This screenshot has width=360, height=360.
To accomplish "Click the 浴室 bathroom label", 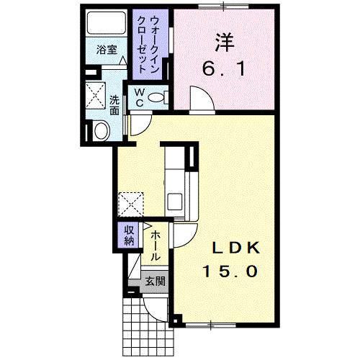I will tap(107, 50).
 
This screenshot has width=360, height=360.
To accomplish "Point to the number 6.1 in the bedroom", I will tap(225, 70).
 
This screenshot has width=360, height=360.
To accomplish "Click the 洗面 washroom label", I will tap(116, 105).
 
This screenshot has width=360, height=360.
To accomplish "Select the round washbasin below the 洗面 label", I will tap(100, 130).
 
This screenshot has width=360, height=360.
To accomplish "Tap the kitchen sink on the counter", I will tap(174, 200).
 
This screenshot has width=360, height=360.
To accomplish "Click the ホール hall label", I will tap(156, 245).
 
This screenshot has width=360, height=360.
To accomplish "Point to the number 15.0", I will tap(230, 271).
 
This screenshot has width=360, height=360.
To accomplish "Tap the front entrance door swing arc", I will tap(156, 307).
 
